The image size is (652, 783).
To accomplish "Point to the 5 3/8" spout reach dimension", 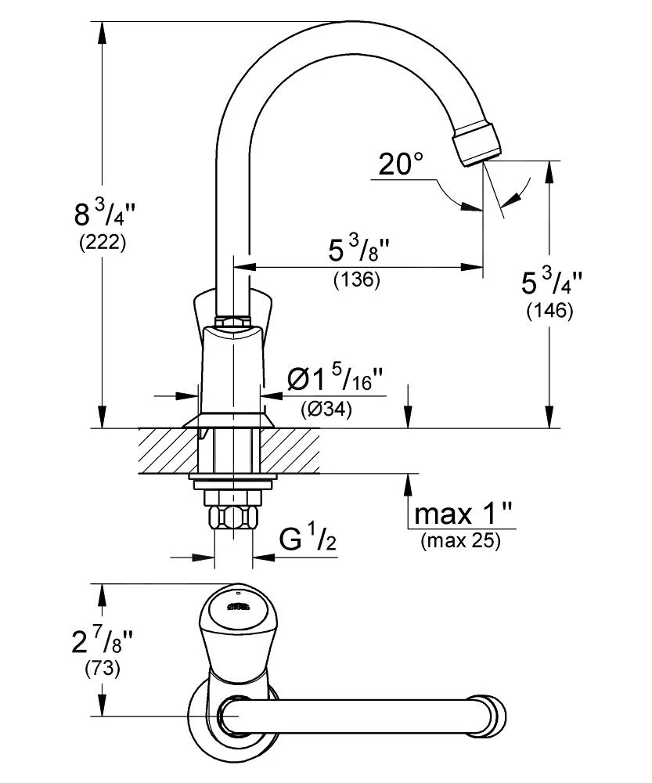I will [358, 251].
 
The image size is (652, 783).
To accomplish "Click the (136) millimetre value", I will [356, 280].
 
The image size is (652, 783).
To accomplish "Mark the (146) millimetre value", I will [549, 311].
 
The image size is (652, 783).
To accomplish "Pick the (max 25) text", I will [460, 540].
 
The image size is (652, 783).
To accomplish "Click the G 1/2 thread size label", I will [308, 540].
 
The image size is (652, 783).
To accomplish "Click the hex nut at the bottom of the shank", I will [232, 518].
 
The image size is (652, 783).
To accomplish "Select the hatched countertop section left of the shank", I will [164, 450].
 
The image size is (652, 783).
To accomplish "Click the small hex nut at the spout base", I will [232, 321].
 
